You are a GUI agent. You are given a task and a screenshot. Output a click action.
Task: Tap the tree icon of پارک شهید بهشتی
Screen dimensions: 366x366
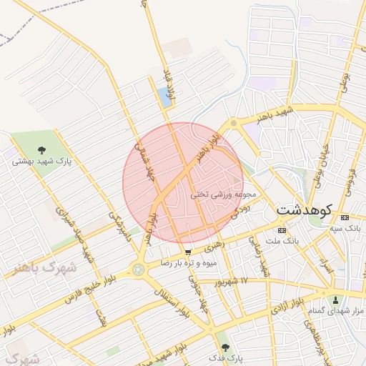(x=41, y=150)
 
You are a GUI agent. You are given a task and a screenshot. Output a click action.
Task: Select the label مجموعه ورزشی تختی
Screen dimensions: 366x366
(x=219, y=194)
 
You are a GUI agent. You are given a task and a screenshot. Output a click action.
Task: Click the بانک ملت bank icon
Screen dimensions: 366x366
(x=281, y=230)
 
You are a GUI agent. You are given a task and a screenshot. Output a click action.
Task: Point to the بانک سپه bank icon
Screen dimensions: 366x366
(x=345, y=217)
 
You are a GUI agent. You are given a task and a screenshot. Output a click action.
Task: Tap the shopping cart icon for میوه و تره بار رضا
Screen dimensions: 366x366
(x=188, y=252)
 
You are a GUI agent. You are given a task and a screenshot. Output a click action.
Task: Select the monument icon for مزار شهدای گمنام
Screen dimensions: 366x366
(x=337, y=300)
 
